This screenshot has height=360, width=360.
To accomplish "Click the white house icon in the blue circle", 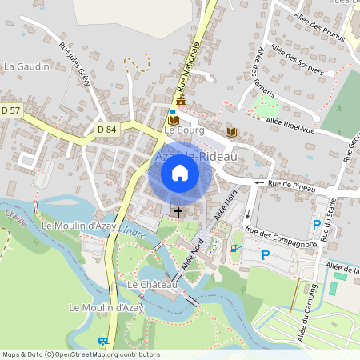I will click(x=179, y=172).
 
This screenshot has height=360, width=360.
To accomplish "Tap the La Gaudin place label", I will click(x=27, y=66).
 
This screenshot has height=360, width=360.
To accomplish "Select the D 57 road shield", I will click(x=10, y=110).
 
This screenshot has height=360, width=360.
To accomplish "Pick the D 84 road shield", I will click(x=106, y=129).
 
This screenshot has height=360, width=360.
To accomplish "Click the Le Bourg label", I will click(x=185, y=130).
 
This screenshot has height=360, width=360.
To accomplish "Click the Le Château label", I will click(x=147, y=285).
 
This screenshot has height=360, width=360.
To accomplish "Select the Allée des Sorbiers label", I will click(x=297, y=60).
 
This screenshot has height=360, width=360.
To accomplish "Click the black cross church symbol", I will click(x=178, y=213).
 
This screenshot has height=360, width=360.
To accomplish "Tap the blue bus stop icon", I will click(x=102, y=341).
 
